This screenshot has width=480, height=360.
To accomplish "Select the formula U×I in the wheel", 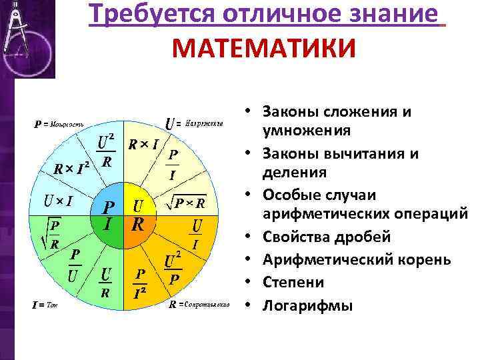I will (59, 199).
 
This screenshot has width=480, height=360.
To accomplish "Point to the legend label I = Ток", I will (46, 305).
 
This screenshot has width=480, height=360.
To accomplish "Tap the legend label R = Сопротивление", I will (199, 305).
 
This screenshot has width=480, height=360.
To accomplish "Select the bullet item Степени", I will (293, 283).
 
